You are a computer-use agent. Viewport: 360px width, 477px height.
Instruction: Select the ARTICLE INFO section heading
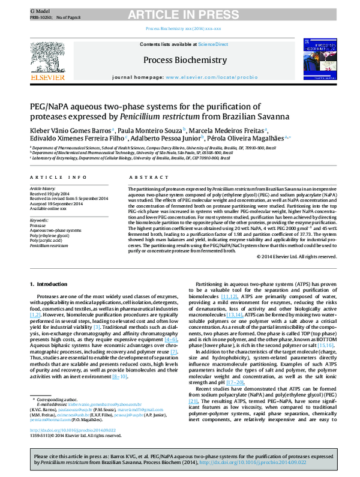tap(53, 178)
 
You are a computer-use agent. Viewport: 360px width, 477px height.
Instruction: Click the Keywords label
tap(39, 221)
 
